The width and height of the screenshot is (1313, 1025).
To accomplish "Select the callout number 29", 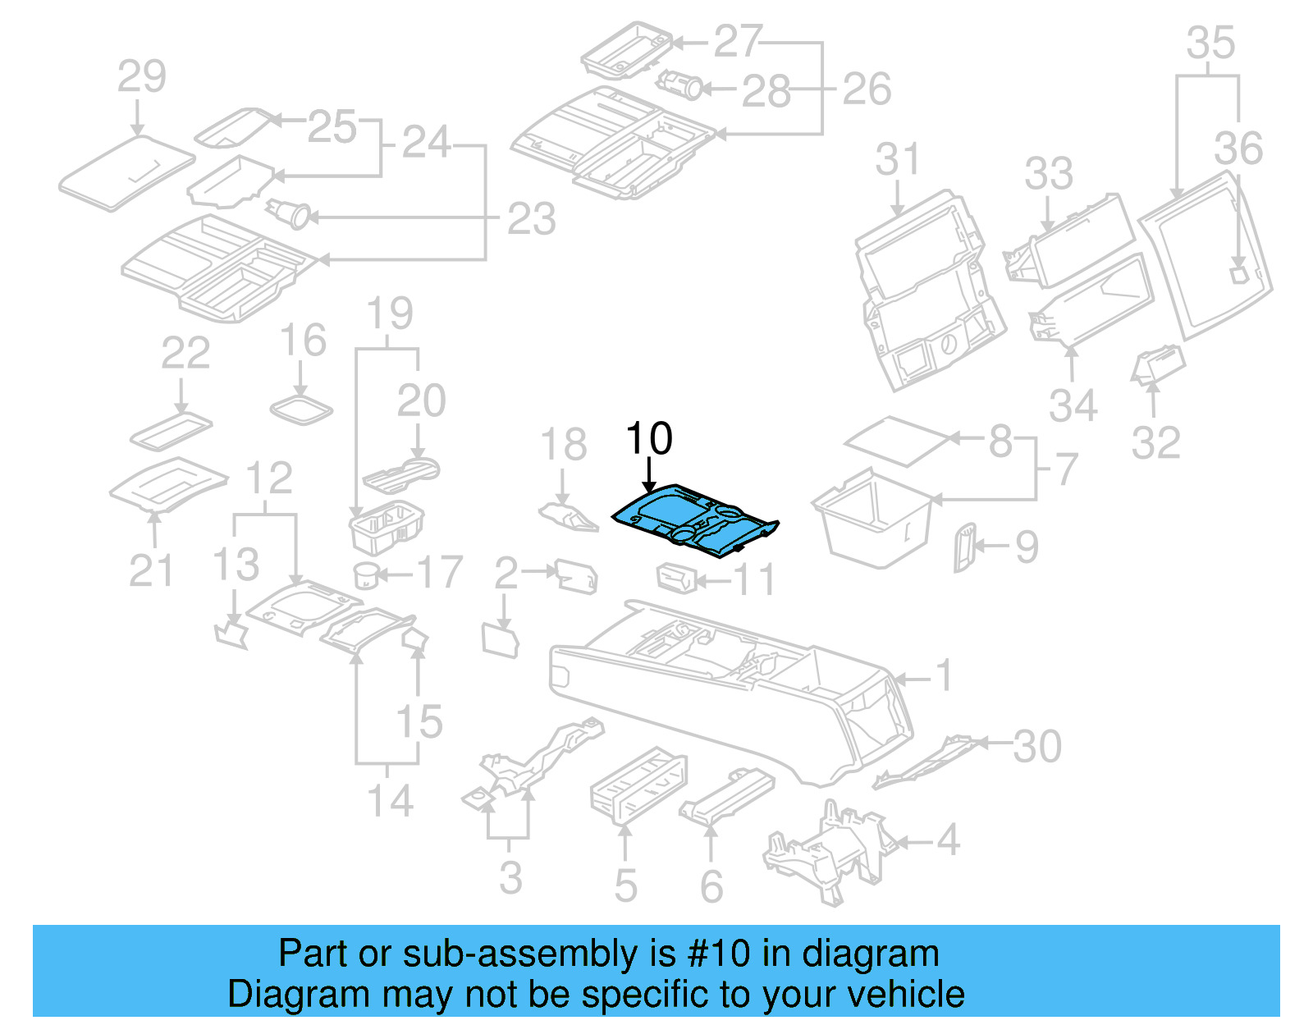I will pos(141,77).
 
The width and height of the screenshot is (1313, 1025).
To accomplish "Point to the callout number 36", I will pos(1238,149).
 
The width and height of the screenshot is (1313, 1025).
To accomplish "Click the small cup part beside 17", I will pos(366,575).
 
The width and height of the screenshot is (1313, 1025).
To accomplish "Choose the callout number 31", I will pos(897,159).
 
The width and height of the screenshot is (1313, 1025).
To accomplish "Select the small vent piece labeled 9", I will pos(963,547).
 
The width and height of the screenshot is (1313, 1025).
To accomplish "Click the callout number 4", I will pos(948,840).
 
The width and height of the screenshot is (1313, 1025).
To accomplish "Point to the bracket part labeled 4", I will pos(829,854).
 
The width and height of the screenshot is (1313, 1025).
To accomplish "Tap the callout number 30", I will pos(1037,746).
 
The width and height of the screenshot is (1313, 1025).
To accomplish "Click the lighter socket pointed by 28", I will pos(681,85).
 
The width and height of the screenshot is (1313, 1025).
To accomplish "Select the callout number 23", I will pos(531,219).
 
